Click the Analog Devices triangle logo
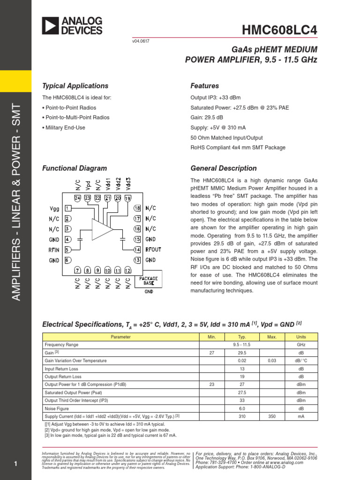[50, 26]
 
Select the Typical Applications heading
[75, 86]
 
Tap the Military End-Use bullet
[66, 127]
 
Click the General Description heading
[224, 168]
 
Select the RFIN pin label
[54, 250]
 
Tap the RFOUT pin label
[153, 250]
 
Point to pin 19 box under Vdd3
[128, 198]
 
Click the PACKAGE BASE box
[149, 281]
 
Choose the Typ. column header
[242, 337]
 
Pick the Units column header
[301, 337]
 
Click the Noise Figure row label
[57, 408]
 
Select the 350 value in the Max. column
[272, 416]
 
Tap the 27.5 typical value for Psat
[242, 392]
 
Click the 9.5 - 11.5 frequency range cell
[242, 345]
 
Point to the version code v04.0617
[141, 41]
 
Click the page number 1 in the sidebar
[15, 464]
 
